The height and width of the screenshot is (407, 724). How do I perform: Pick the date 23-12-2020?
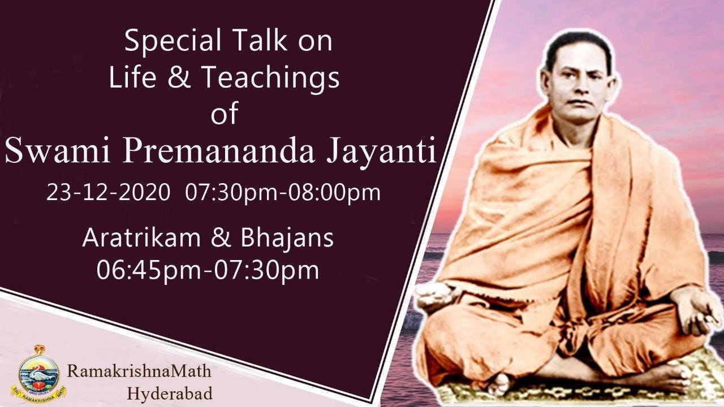(108, 193)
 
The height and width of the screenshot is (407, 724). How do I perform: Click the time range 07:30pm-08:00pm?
(283, 193)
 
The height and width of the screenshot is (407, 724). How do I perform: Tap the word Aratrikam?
(141, 239)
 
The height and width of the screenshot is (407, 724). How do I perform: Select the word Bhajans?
(287, 239)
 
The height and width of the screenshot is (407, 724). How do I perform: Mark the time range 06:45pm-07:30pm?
(208, 270)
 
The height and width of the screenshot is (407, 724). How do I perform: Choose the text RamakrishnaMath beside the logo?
(139, 371)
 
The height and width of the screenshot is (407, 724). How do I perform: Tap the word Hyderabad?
(170, 393)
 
